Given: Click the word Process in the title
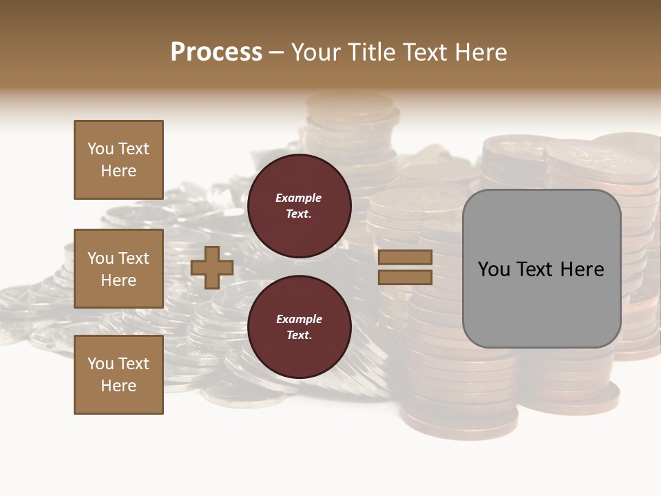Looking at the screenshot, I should pos(216,52).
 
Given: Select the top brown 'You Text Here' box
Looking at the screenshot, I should pos(118,160).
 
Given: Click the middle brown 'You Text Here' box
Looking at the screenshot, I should pos(118,269).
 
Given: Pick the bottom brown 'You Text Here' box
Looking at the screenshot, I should pos(118,375).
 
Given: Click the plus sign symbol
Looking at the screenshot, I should pos(212,268).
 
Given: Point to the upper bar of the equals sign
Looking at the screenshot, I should pos(406,258).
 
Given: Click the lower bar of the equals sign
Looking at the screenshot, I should pos(406,278).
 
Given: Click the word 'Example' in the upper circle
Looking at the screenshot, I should pos(299,198).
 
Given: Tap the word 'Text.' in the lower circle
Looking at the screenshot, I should pos(299,335).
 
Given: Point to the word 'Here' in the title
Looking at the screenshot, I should pos(479,52).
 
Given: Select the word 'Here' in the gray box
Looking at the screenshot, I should pos(582,269).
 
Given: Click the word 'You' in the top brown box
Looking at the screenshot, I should pos(101,149).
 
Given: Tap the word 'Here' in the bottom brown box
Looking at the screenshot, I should pos(118,386).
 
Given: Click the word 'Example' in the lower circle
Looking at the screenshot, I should pos(299,319).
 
